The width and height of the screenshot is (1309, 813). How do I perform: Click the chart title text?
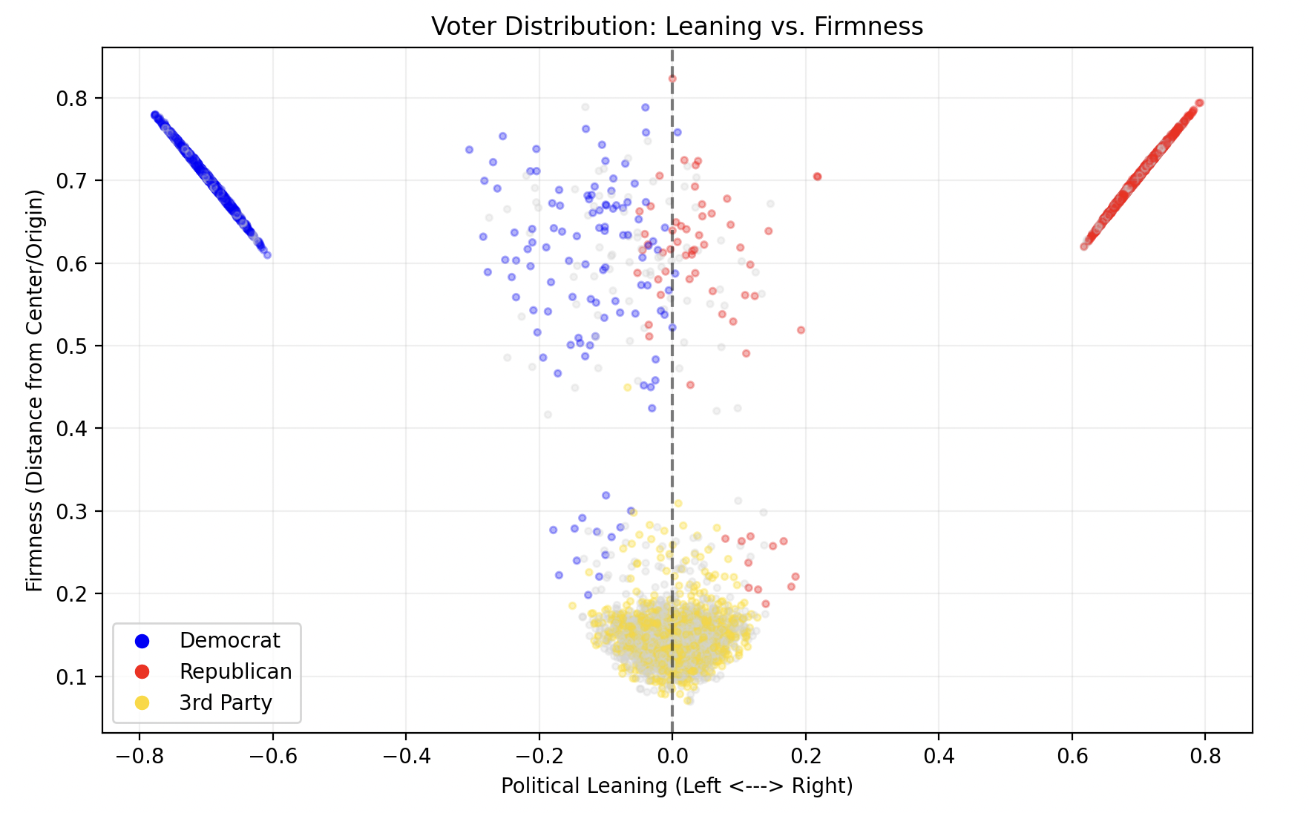coord(677,27)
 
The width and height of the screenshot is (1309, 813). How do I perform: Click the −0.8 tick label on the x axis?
coord(139,756)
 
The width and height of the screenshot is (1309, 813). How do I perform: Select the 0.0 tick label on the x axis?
coord(672,756)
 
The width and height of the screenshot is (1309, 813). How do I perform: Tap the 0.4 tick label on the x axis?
coord(939,756)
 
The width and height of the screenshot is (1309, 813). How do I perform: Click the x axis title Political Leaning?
coord(677,786)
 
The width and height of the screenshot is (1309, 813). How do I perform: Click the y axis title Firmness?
coord(35,390)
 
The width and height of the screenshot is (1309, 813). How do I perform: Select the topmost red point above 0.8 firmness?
coord(672,78)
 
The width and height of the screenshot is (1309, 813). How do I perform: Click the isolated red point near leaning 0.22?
coord(817,177)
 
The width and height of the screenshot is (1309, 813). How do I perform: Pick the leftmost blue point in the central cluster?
coord(469,150)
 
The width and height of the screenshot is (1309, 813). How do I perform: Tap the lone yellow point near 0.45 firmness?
coord(627,387)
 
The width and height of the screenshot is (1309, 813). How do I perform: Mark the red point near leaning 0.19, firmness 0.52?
coord(801,330)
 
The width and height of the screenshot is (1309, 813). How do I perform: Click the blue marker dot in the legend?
coord(142,640)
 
